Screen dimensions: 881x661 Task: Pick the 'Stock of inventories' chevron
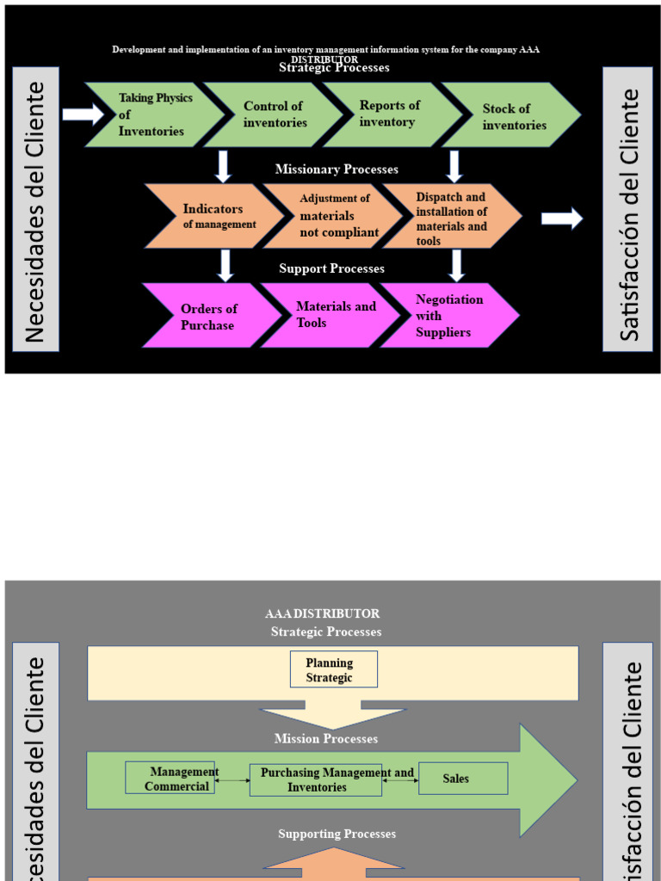pos(514,116)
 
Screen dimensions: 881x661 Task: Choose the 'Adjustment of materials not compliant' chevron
pos(336,216)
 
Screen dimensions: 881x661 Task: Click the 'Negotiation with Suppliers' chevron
pos(450,316)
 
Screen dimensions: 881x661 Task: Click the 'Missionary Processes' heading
pos(337,169)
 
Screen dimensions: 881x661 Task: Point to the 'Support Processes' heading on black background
pos(331,268)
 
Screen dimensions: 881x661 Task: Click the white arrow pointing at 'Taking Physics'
pos(83,114)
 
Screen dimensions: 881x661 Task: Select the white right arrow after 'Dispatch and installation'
pos(562,219)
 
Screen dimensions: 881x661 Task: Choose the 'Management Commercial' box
pos(170,778)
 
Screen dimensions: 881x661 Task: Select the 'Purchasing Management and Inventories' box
pos(316,779)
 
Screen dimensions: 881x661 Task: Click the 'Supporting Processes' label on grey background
pos(337,834)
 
